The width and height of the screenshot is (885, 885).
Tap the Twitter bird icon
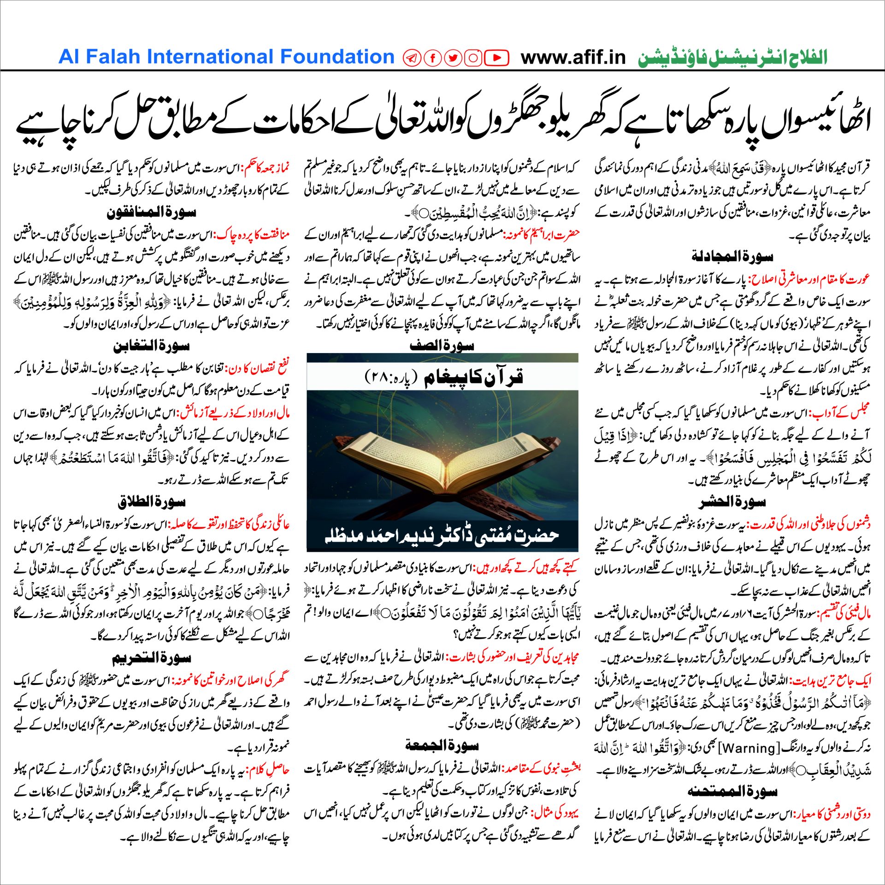tap(453, 58)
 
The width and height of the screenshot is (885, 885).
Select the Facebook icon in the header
tap(432, 58)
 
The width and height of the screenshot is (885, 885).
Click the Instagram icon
tap(473, 58)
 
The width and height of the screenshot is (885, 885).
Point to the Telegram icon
tap(412, 58)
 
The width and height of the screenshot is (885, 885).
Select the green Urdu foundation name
tap(733, 58)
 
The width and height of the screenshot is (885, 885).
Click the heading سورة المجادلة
tap(732, 256)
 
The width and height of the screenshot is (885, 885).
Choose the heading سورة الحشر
tap(732, 502)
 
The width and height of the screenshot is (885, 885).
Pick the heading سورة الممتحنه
tap(732, 791)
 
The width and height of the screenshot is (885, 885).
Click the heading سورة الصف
tap(442, 345)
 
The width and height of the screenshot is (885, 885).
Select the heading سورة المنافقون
tap(151, 212)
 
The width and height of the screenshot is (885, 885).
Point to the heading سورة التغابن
tap(151, 345)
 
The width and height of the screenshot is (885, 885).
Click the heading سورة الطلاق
tap(151, 502)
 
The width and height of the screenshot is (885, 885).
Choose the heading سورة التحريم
tap(151, 658)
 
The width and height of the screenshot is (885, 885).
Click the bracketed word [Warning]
tap(746, 748)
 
